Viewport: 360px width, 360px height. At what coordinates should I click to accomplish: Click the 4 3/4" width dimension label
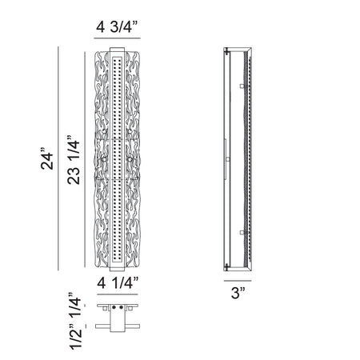[x=117, y=26]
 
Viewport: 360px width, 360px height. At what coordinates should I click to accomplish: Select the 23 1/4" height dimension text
[x=74, y=160]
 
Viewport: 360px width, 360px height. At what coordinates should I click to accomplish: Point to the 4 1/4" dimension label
[x=118, y=282]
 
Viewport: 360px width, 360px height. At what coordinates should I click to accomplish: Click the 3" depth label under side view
[x=238, y=293]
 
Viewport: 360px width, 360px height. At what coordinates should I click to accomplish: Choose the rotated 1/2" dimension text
[x=75, y=337]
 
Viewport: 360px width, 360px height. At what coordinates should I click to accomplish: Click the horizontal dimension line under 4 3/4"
[x=117, y=38]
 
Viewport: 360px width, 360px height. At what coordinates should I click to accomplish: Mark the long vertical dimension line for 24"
[x=58, y=158]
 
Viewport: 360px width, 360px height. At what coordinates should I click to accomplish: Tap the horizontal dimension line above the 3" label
[x=238, y=281]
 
